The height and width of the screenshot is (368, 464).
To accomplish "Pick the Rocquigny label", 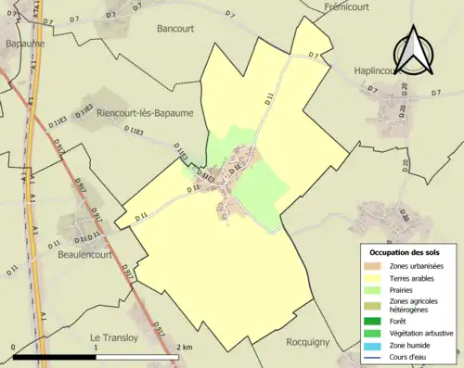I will point(307,341).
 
